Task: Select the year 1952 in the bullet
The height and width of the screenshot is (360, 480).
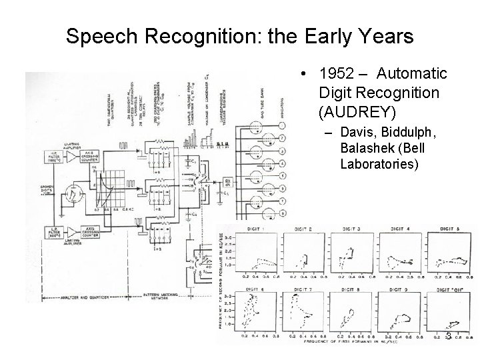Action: pyautogui.click(x=336, y=73)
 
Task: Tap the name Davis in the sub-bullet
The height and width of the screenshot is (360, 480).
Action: pyautogui.click(x=355, y=133)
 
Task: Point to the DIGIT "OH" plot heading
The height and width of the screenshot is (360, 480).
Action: pyautogui.click(x=445, y=290)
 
